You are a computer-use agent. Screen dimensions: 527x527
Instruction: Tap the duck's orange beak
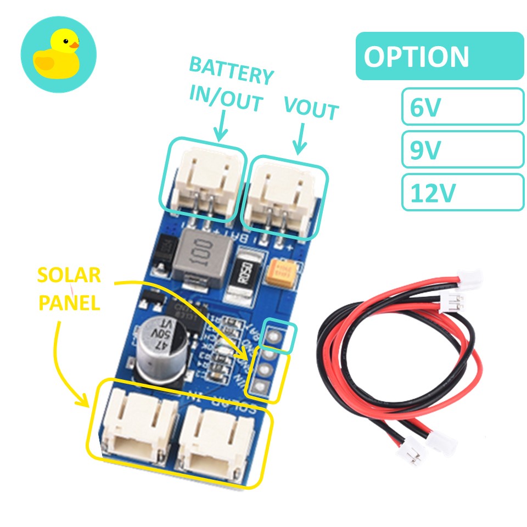click(x=72, y=43)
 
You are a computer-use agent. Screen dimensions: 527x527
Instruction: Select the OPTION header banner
click(x=439, y=56)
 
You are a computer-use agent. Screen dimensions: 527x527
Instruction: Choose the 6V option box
click(x=462, y=106)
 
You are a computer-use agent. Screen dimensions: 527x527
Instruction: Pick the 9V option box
click(x=462, y=149)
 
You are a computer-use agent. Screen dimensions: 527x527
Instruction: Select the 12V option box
click(x=462, y=192)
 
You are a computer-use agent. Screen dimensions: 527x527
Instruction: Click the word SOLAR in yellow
click(x=69, y=276)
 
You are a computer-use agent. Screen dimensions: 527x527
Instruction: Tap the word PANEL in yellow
click(x=69, y=302)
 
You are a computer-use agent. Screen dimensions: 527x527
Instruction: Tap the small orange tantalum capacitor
click(x=284, y=273)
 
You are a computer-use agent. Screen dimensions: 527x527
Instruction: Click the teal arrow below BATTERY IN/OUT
click(x=221, y=124)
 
